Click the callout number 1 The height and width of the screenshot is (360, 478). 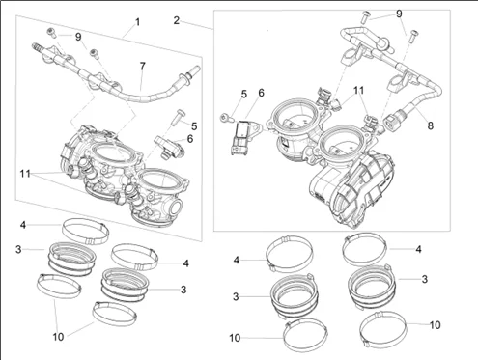pyautogui.click(x=137, y=22)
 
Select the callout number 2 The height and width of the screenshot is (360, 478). pyautogui.click(x=176, y=20)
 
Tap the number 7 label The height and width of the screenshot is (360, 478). pyautogui.click(x=142, y=67)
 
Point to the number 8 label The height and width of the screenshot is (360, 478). pyautogui.click(x=431, y=125)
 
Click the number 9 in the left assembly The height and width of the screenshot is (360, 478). pyautogui.click(x=78, y=37)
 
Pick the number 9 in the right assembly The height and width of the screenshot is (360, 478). pyautogui.click(x=399, y=14)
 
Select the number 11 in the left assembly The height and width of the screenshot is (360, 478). pyautogui.click(x=25, y=174)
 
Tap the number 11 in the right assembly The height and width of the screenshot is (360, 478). pyautogui.click(x=359, y=91)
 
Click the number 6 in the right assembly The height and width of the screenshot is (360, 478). pyautogui.click(x=261, y=93)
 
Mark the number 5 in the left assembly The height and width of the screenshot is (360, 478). pyautogui.click(x=194, y=126)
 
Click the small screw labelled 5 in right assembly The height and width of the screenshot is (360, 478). pyautogui.click(x=226, y=118)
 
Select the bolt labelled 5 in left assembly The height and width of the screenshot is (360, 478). pyautogui.click(x=178, y=117)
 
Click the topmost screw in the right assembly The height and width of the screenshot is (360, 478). pyautogui.click(x=365, y=16)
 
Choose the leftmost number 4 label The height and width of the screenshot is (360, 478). pyautogui.click(x=23, y=225)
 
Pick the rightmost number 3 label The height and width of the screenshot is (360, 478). pyautogui.click(x=425, y=279)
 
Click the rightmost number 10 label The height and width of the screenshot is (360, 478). pyautogui.click(x=435, y=325)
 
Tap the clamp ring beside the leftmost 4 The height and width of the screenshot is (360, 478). pyautogui.click(x=85, y=232)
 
